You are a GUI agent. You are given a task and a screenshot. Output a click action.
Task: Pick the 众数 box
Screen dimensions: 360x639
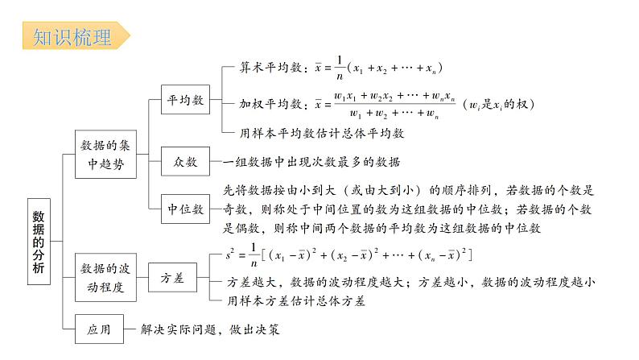[x=184, y=162]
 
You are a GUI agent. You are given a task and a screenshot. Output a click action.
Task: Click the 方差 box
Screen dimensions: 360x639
[x=173, y=278]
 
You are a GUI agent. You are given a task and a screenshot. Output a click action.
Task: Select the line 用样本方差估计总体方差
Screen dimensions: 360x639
[x=299, y=302]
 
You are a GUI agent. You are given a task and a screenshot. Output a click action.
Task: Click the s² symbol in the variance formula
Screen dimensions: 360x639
[x=234, y=254]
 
